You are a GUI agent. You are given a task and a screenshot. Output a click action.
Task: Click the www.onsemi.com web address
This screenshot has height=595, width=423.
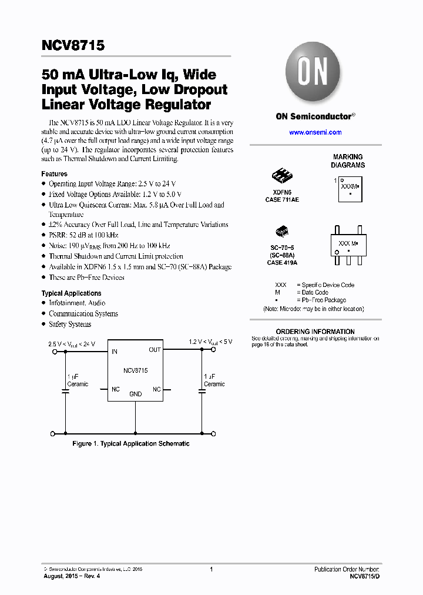click(x=315, y=132)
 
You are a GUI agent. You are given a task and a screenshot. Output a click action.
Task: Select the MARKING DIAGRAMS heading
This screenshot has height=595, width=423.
click(x=348, y=161)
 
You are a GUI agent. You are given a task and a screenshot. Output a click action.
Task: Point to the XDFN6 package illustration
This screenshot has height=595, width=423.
click(x=283, y=175)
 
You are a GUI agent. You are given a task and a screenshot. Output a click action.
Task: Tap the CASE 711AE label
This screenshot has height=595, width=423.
click(x=282, y=200)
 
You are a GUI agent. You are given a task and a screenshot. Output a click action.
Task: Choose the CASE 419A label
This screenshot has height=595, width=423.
click(x=283, y=262)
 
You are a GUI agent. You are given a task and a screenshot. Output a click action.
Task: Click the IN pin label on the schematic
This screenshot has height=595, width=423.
click(x=115, y=352)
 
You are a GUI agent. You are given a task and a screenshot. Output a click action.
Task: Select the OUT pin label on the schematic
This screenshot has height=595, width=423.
click(x=155, y=350)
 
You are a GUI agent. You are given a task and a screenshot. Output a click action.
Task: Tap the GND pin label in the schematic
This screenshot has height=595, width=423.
click(x=136, y=394)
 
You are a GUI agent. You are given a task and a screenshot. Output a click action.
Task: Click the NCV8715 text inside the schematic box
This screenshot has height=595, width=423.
click(x=136, y=370)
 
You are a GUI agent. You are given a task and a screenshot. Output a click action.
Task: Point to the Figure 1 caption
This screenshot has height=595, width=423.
click(x=131, y=443)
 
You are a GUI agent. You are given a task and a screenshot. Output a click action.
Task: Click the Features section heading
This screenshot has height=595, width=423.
click(x=54, y=174)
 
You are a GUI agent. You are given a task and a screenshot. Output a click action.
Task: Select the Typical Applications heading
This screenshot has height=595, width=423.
click(x=71, y=293)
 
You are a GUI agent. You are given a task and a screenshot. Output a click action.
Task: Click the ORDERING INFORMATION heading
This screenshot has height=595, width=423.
click(x=315, y=332)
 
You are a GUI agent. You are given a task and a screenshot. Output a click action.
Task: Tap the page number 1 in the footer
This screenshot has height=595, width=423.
click(x=211, y=569)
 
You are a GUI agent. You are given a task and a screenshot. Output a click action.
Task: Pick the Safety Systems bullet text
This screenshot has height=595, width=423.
click(x=70, y=324)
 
